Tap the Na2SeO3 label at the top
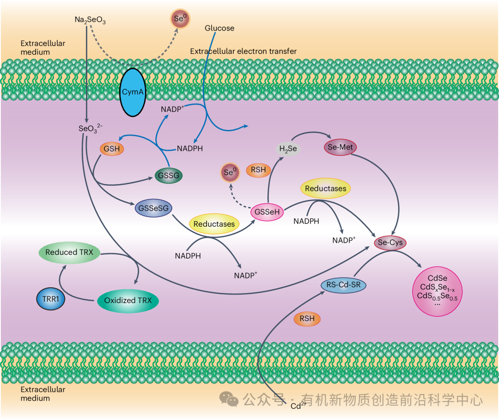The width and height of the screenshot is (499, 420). [x=90, y=20]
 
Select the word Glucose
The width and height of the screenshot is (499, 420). [x=219, y=28]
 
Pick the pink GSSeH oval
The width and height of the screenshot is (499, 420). [x=267, y=213]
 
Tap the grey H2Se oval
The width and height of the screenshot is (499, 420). [x=288, y=148]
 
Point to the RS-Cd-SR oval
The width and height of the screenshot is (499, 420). [x=343, y=285]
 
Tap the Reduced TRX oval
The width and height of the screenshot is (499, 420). [x=70, y=253]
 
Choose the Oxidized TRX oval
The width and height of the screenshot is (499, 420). [x=128, y=301]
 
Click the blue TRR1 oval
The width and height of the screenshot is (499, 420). [x=50, y=299]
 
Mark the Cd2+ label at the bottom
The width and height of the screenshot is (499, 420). [x=298, y=407]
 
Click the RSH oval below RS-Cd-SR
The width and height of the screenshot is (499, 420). [x=307, y=319]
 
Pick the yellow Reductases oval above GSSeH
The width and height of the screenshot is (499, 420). [x=325, y=188]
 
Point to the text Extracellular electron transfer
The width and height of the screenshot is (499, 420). [x=243, y=51]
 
